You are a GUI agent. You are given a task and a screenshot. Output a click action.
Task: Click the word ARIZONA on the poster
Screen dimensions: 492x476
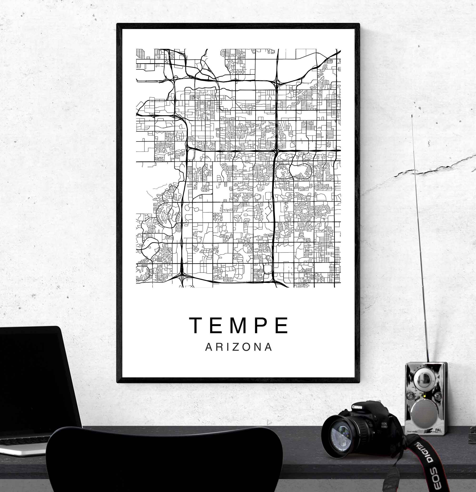pyautogui.click(x=239, y=347)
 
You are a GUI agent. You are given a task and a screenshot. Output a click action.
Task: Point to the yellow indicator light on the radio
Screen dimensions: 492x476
pyautogui.click(x=424, y=396)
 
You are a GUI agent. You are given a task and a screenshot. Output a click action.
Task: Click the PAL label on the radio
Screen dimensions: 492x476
pyautogui.click(x=438, y=430)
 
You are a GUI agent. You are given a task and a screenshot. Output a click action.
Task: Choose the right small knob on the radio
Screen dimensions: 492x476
pyautogui.click(x=438, y=396)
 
